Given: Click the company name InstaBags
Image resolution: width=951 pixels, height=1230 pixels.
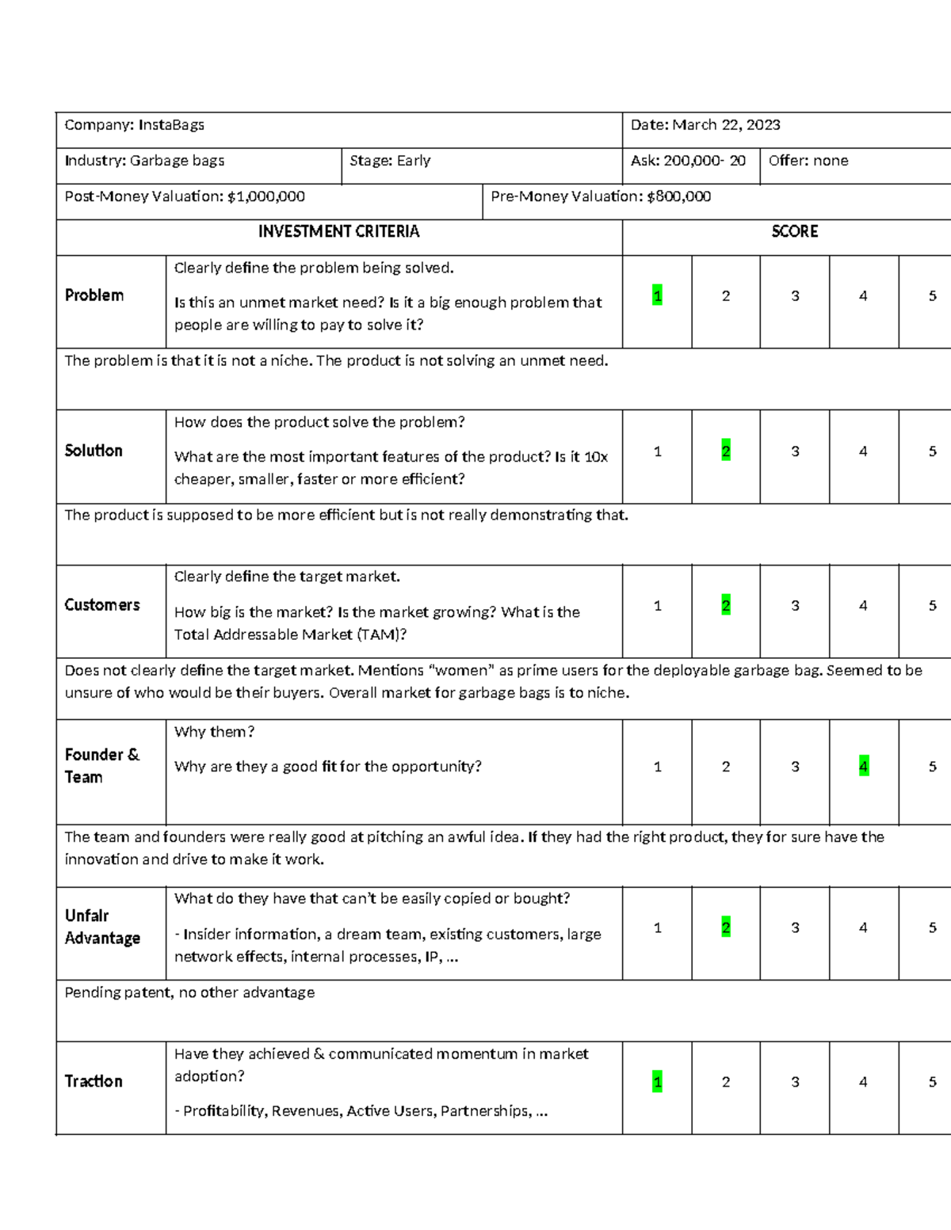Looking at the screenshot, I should (x=171, y=125).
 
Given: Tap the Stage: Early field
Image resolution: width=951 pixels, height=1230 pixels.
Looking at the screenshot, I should (x=390, y=161).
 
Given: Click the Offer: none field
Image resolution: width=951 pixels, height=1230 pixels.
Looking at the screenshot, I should (x=808, y=161).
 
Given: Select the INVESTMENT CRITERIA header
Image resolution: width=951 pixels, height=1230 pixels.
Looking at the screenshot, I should (x=338, y=232).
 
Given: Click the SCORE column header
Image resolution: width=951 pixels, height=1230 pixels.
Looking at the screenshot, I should (x=794, y=232).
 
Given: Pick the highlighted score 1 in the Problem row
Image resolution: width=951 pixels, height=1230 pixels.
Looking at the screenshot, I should (x=657, y=296).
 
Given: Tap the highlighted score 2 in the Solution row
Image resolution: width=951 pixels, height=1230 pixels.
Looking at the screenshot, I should (x=726, y=451).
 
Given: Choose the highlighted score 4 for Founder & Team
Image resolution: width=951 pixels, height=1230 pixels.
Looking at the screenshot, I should (x=863, y=767).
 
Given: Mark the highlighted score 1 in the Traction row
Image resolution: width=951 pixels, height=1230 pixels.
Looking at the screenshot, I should (x=657, y=1082).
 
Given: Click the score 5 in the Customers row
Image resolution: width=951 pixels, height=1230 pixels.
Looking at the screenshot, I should (x=932, y=606).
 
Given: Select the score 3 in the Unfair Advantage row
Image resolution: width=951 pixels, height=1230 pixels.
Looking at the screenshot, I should (x=795, y=928).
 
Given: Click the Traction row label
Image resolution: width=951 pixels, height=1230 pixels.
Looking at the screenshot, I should (x=94, y=1082).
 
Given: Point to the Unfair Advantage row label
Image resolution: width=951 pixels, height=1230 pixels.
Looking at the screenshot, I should (x=102, y=927).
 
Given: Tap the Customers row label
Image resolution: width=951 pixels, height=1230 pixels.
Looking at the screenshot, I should (x=101, y=605).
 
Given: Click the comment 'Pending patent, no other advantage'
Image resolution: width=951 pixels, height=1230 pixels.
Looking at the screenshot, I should (x=189, y=993).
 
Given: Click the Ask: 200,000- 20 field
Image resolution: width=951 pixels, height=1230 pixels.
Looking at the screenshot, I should (x=688, y=161).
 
